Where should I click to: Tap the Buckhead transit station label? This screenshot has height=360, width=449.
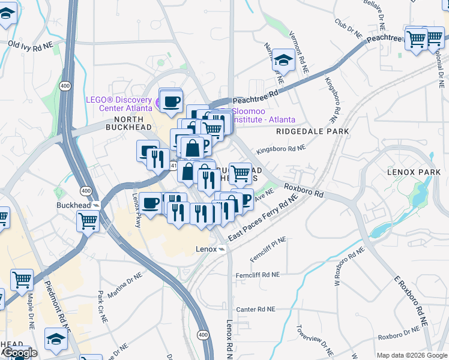pyautogui.click(x=73, y=205)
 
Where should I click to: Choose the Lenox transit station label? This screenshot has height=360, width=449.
pyautogui.click(x=206, y=248)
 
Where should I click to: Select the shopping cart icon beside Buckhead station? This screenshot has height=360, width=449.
pyautogui.click(x=88, y=220)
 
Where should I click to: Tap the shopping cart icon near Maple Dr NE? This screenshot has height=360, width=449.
pyautogui.click(x=22, y=279)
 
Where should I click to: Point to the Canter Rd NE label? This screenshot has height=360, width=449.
pyautogui.click(x=255, y=309)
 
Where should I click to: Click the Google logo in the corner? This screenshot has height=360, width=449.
pyautogui.click(x=19, y=353)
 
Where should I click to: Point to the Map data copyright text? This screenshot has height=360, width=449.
pyautogui.click(x=412, y=355)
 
